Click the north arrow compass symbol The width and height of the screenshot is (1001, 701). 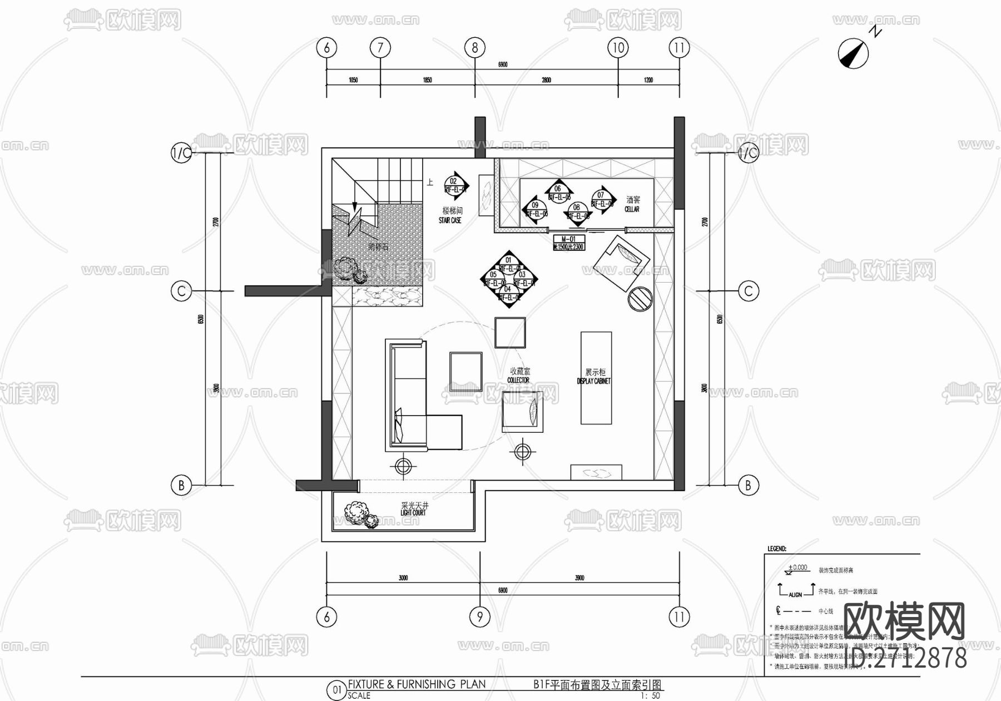tap(854, 52)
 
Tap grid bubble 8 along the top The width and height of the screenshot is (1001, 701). tap(474, 48)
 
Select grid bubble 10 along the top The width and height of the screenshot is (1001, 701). tap(618, 48)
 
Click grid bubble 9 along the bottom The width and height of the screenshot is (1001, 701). tap(479, 616)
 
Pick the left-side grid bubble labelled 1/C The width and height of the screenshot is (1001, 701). tap(181, 152)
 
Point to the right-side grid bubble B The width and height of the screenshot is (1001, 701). tap(748, 485)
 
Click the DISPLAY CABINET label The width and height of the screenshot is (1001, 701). tap(594, 377)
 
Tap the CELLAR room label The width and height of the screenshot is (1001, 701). tap(632, 204)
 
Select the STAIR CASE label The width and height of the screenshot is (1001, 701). tap(450, 215)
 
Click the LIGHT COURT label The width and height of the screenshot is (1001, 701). tap(414, 509)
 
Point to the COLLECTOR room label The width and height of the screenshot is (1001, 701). tap(519, 375)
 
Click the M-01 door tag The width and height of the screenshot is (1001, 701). tap(568, 243)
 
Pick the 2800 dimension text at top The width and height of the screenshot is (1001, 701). tap(546, 80)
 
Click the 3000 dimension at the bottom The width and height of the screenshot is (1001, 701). tap(403, 578)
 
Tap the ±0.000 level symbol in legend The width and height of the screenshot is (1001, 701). tap(797, 569)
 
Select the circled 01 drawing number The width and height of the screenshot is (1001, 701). tap(336, 690)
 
